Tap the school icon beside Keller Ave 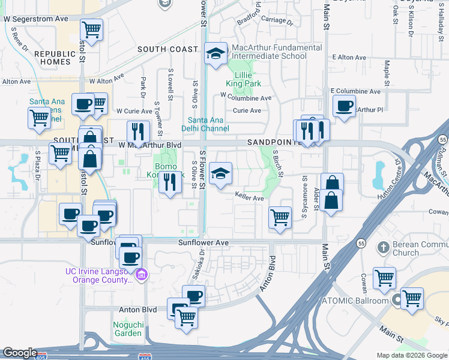(220, 175)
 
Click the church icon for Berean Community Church (383, 247)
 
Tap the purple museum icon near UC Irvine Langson (142, 275)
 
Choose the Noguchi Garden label (127, 329)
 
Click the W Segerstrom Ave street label (36, 19)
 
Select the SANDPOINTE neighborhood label (274, 143)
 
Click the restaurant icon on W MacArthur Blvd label (138, 131)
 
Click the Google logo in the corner (20, 353)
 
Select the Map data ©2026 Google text (411, 355)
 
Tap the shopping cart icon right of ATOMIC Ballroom (412, 298)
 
